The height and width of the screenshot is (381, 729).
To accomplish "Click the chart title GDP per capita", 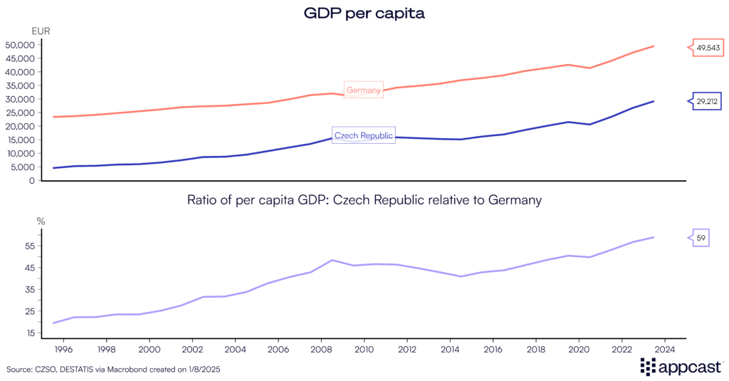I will coord(364,14).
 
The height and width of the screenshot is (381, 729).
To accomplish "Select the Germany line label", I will coord(364,90).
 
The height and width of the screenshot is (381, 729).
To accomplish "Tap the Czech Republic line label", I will coord(364,135).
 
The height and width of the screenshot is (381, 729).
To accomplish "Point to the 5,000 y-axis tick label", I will coord(23,167).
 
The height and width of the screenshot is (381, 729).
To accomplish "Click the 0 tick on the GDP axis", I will coord(32,180).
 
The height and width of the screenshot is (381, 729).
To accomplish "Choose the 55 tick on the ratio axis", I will coord(30,246).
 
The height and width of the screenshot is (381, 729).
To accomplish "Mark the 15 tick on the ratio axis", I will coord(30,333).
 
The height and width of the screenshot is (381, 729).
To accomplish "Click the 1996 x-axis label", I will coord(63,350).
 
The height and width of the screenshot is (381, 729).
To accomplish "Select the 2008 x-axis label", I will coord(321,350).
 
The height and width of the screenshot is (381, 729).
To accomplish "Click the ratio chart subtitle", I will coord(364,201).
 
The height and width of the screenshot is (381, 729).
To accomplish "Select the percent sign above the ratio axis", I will coord(41,221).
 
